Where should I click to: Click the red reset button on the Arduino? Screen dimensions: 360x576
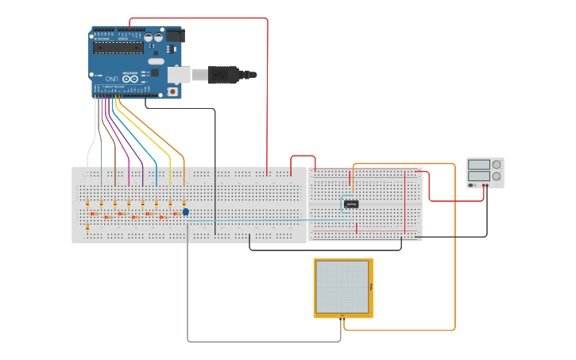click(x=172, y=91)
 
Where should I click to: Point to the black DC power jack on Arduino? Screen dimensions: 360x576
click(x=175, y=36)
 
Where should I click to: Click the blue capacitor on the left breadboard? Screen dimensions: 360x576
click(x=186, y=211)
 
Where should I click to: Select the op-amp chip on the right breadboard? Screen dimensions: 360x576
click(x=351, y=204)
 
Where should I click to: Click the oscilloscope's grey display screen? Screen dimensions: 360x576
click(x=342, y=287)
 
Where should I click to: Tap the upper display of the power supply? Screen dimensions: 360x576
click(x=478, y=165)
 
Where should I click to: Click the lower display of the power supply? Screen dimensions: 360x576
click(x=478, y=176)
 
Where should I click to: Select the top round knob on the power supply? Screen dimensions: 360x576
click(x=497, y=165)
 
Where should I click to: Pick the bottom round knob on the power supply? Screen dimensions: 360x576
click(x=497, y=176)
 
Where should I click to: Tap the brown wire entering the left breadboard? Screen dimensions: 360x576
click(x=115, y=159)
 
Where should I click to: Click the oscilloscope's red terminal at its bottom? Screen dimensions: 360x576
click(x=344, y=317)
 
